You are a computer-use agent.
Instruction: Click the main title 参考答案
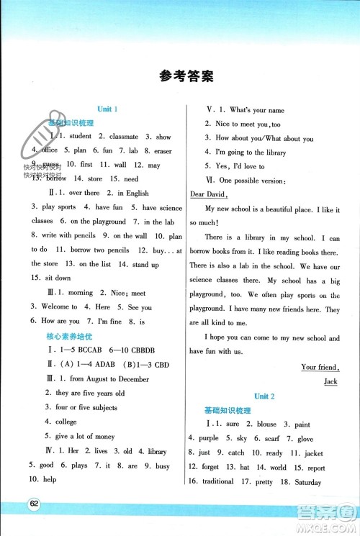coord(180,76)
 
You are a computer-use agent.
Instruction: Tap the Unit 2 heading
coord(261,396)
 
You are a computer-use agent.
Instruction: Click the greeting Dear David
coord(209,194)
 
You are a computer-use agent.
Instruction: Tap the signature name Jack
coord(330,381)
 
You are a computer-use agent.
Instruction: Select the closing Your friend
coord(320,368)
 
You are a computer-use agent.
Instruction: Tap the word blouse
coord(265,424)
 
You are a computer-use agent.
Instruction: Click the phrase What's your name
coord(256,110)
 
